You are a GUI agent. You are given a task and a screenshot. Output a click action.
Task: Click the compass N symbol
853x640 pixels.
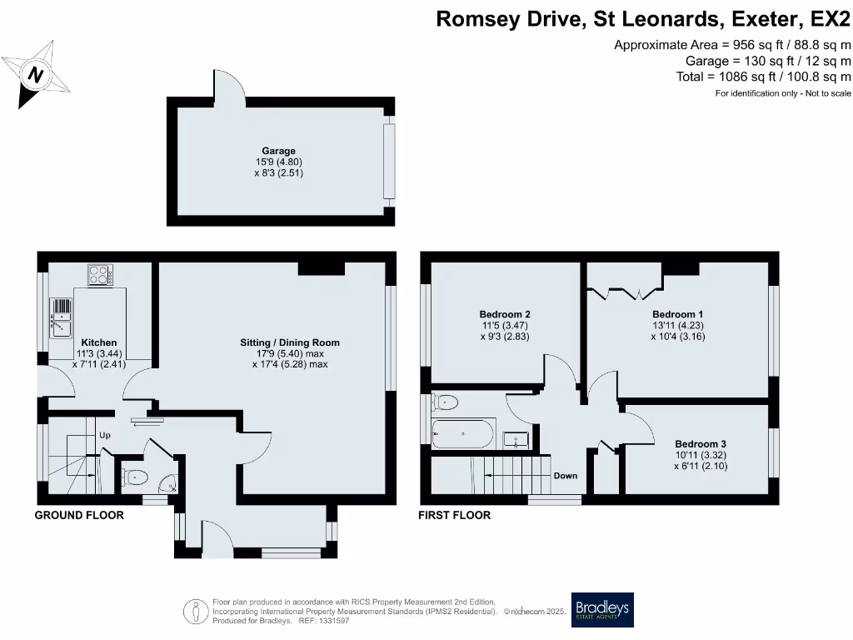[36, 74]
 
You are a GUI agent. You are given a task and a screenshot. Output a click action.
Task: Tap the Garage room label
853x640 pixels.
[278, 151]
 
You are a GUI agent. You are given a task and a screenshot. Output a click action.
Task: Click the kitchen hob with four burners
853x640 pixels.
[101, 275]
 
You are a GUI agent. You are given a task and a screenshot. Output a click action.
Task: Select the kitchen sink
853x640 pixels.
[61, 317]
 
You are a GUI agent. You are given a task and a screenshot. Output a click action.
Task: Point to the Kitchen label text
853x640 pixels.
[99, 342]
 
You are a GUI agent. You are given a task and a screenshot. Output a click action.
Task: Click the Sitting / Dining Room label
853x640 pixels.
[290, 342]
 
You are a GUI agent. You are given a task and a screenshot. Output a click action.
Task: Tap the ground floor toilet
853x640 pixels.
[134, 478]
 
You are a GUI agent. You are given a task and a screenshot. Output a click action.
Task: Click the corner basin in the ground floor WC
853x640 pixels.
[168, 483]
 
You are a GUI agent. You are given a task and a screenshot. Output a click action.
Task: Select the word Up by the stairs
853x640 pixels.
[105, 435]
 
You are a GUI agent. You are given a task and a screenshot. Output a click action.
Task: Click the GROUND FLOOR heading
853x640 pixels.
[79, 515]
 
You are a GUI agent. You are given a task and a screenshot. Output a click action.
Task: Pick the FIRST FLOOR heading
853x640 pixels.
[454, 515]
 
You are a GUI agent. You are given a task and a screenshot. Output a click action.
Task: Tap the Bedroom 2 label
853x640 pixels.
[505, 314]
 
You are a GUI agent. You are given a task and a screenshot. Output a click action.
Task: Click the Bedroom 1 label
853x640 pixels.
[678, 314]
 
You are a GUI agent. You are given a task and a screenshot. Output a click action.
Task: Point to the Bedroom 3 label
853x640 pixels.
[701, 444]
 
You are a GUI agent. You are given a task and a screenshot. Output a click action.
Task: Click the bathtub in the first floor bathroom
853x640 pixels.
[463, 433]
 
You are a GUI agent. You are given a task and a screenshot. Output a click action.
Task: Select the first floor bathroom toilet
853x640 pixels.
[444, 402]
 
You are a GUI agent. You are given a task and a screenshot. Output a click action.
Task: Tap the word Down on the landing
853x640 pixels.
[566, 476]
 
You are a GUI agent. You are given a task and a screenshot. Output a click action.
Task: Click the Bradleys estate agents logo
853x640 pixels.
[602, 610]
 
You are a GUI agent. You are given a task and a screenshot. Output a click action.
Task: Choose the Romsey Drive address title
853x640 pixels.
[643, 19]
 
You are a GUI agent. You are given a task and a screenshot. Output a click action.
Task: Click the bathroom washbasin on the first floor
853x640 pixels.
[516, 440]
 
